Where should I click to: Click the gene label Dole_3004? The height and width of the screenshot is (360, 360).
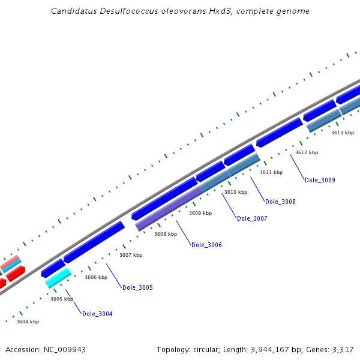(x=97, y=314)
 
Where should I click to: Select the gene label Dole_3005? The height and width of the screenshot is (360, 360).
(x=137, y=287)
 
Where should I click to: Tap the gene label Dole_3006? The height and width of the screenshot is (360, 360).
(x=206, y=245)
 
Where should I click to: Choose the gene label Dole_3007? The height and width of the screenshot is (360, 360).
(x=252, y=218)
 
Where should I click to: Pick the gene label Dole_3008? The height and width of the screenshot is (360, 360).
(x=280, y=202)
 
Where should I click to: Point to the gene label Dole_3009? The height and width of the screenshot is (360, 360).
(x=320, y=180)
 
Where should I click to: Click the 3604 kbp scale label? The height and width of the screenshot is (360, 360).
(x=28, y=322)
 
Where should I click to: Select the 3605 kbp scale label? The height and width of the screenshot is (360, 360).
(x=62, y=299)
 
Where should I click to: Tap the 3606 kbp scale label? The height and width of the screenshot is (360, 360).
(x=96, y=277)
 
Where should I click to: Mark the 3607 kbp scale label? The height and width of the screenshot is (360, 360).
(x=131, y=255)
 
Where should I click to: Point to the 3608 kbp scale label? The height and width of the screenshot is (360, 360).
(x=166, y=234)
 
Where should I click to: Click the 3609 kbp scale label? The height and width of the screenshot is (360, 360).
(x=200, y=213)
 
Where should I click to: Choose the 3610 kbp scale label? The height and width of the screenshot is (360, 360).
(x=236, y=192)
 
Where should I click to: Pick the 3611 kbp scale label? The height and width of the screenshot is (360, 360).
(x=271, y=172)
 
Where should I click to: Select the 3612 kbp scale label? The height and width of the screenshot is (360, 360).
(x=307, y=152)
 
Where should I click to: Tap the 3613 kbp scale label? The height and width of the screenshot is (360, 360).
(x=343, y=133)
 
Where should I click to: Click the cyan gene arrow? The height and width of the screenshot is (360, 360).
(x=58, y=277)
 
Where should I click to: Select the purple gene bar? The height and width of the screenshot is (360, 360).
(x=169, y=208)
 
